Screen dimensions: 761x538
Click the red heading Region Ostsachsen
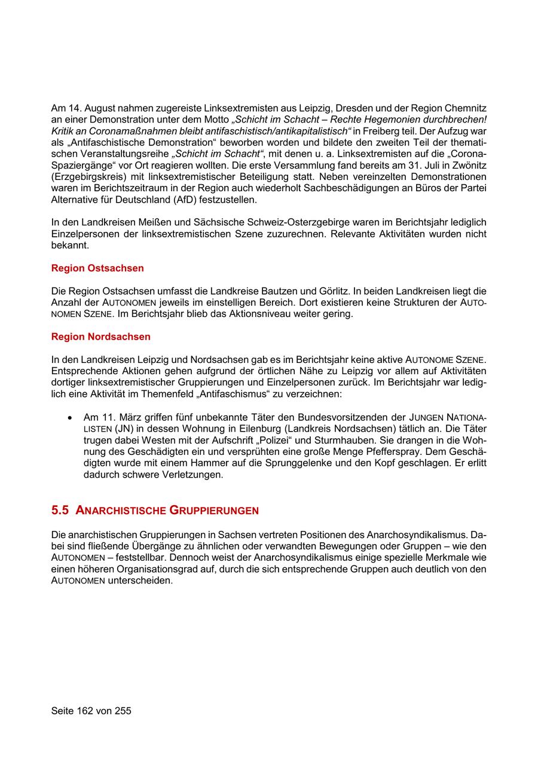97,268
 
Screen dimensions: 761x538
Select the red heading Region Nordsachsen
101,337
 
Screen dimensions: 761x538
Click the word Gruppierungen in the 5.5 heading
214,511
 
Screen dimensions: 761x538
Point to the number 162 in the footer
88,711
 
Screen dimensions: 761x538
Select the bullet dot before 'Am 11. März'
71,417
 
